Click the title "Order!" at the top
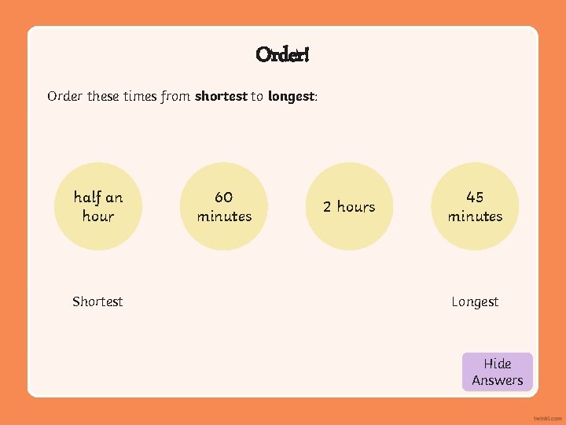coord(282,54)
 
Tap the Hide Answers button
coord(497,371)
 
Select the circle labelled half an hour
coord(98,206)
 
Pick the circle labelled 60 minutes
coord(224,206)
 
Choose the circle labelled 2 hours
coord(349,206)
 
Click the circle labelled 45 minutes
coord(475,206)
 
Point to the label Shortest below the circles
coord(97,301)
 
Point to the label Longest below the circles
coord(475,301)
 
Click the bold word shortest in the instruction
coord(221,97)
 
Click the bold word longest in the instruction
coord(291,97)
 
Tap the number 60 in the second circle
coord(224,197)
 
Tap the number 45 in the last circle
coord(475,197)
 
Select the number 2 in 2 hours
coord(327,206)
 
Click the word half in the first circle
coord(88,197)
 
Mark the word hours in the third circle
coord(356,206)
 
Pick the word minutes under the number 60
coord(224,216)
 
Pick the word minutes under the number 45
coord(475,216)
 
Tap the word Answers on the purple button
coord(497,380)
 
